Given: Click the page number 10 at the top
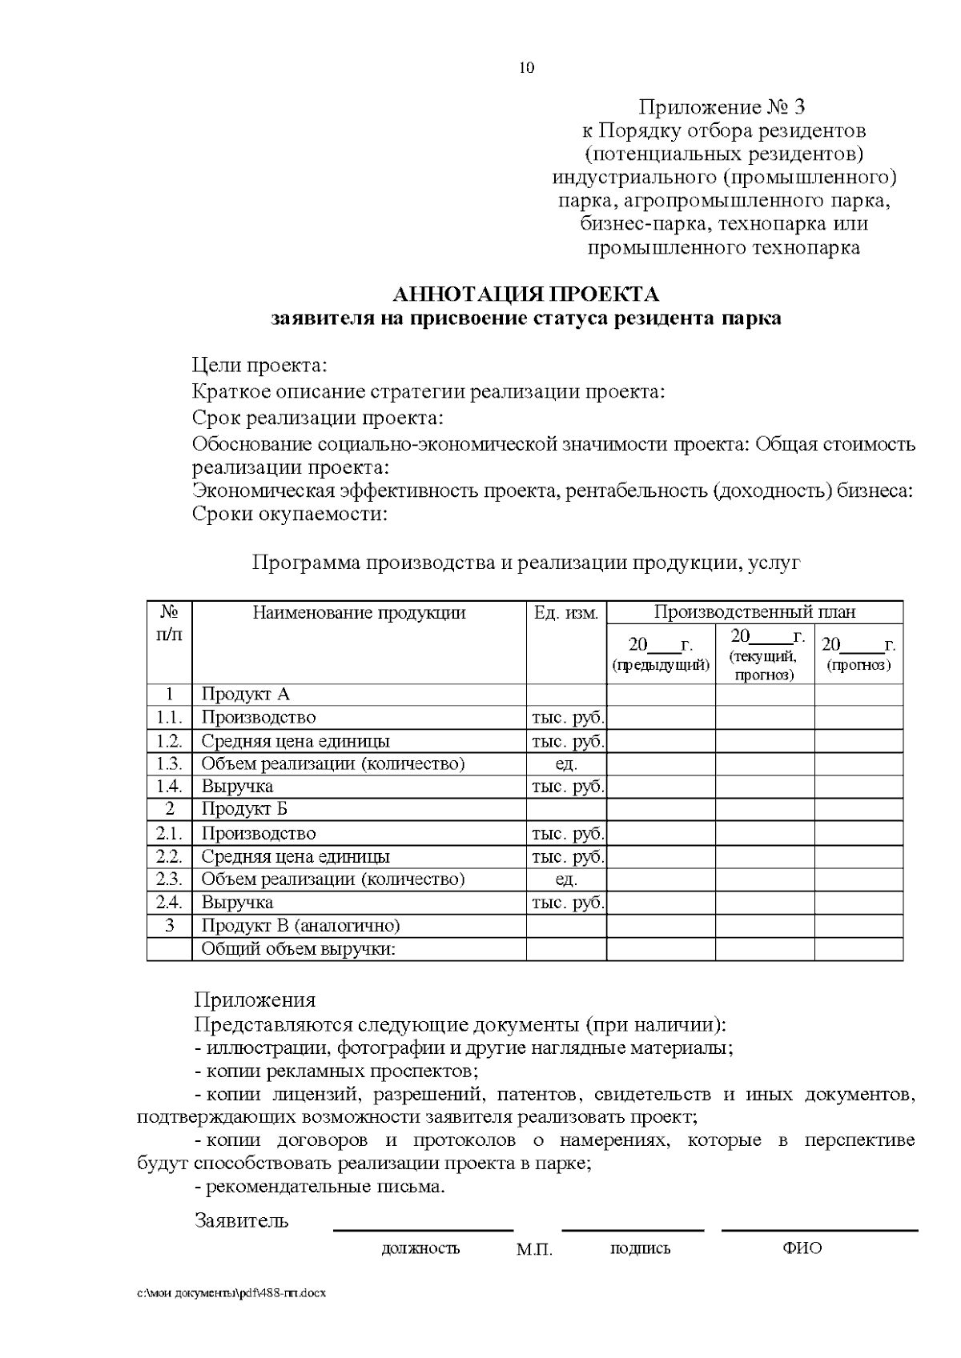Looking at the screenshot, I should point(527,68).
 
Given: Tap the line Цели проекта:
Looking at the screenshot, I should point(259,367).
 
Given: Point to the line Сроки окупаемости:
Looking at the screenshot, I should point(290,514).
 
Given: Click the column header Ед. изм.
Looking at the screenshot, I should point(566,614).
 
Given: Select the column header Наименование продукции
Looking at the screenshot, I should point(359,614).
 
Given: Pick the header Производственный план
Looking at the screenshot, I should point(754,613).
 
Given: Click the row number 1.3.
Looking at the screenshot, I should point(169,763).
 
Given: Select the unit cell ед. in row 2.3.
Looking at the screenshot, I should point(566,879).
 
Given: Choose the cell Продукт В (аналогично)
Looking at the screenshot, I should point(300,926).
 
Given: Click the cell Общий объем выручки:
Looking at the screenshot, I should point(299,950).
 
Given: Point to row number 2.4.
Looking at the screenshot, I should point(169,903).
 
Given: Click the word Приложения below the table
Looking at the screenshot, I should point(255,999).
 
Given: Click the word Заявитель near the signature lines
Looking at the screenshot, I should point(241,1221).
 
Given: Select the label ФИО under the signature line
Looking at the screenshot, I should point(802,1248).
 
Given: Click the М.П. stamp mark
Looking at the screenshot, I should point(534,1250).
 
